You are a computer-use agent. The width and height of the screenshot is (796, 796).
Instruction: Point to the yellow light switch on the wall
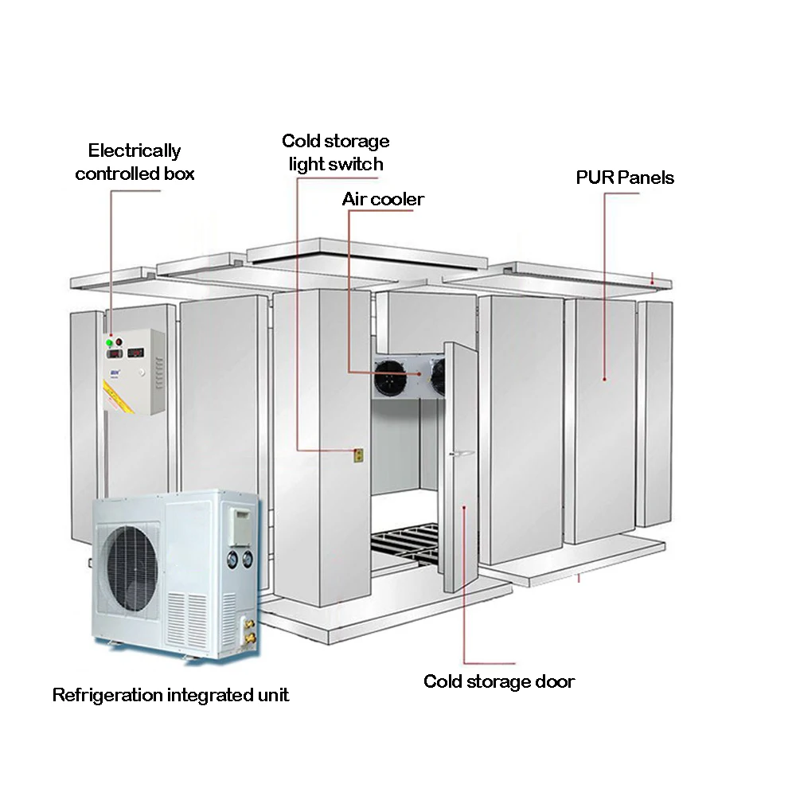click(358, 455)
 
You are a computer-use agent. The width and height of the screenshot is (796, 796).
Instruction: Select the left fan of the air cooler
click(390, 374)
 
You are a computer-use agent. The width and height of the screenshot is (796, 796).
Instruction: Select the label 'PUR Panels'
click(625, 178)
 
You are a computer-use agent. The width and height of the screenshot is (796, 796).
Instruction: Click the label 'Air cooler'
click(383, 199)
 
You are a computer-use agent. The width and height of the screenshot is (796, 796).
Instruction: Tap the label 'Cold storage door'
click(499, 681)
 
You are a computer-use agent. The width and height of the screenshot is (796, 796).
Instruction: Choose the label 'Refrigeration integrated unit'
click(170, 695)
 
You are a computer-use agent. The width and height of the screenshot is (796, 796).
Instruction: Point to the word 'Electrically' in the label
click(135, 150)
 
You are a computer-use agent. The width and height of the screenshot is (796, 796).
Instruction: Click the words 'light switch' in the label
click(336, 164)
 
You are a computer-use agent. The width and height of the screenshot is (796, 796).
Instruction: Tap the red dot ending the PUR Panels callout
click(603, 380)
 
